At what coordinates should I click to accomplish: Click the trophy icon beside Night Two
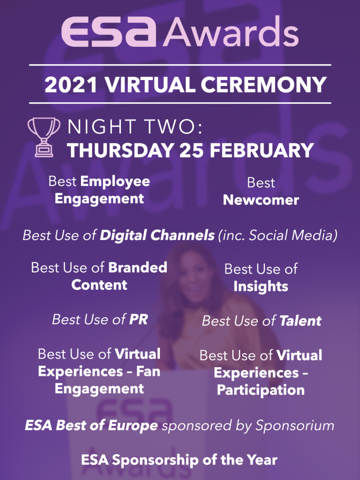point(44,136)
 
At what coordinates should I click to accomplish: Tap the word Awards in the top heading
point(230,33)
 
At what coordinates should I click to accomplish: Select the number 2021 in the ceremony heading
point(71,85)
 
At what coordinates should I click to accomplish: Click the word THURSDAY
point(120,150)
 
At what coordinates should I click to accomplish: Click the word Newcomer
point(261,200)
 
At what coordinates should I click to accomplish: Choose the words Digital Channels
point(157,235)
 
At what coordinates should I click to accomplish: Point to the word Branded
point(138,268)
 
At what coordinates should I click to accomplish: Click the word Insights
point(261,286)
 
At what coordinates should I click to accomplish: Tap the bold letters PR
point(138,320)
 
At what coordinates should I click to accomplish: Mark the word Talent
point(300,321)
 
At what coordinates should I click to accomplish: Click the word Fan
point(149,372)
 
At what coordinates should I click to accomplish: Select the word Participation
point(261,390)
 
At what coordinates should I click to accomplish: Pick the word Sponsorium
point(294,426)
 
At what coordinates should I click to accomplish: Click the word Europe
point(134,426)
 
